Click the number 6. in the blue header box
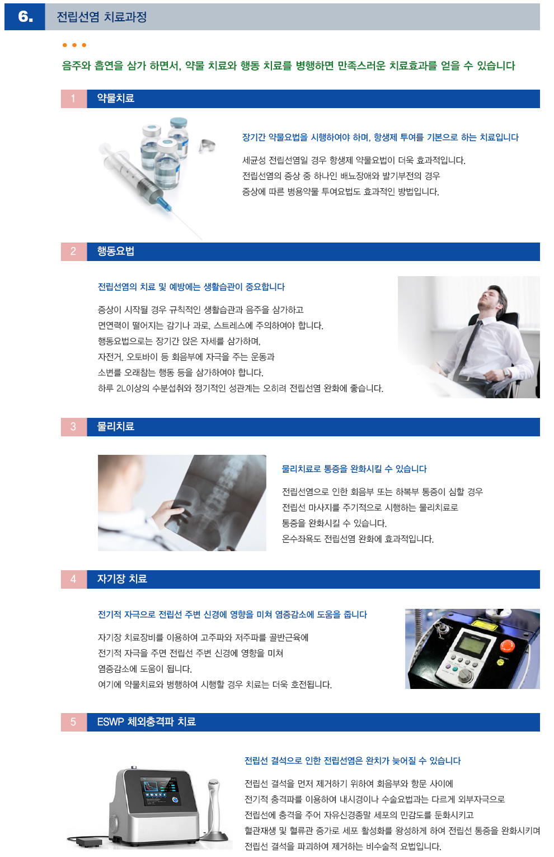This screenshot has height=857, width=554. point(25,17)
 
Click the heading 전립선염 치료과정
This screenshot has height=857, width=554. point(101,17)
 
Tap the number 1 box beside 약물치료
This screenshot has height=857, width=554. point(73,99)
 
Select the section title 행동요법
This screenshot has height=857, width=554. point(115,251)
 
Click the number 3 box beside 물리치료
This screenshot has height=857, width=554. point(73,427)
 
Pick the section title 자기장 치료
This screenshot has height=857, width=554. point(121,579)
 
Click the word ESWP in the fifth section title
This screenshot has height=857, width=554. point(110,722)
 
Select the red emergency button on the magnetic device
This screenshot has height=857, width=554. point(506,645)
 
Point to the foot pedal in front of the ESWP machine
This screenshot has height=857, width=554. point(88,841)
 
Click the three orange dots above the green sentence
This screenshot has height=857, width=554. point(74,45)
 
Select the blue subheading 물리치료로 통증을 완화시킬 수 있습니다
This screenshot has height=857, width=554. point(354,469)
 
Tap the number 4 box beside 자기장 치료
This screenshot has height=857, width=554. point(73,579)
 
